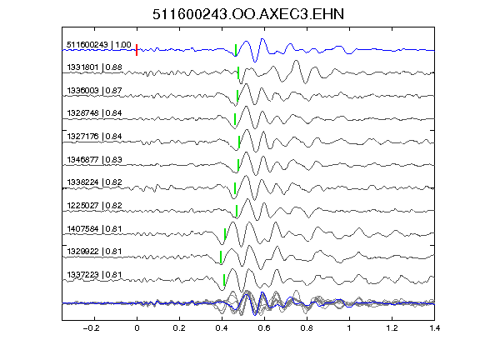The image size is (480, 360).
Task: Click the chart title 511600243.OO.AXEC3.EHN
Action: [248, 14]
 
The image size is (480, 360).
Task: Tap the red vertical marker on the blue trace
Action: [137, 50]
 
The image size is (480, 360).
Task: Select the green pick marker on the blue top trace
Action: [235, 50]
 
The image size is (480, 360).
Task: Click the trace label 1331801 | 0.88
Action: [95, 67]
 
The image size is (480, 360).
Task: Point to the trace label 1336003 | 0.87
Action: [95, 91]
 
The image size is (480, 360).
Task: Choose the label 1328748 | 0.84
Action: [95, 113]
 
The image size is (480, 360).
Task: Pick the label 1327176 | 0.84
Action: [95, 136]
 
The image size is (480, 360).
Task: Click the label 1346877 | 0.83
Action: [95, 159]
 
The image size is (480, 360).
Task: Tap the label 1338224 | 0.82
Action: [95, 182]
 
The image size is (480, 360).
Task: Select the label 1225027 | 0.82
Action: [95, 205]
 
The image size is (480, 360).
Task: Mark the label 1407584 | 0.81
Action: [95, 228]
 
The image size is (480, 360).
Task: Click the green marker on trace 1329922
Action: [221, 257]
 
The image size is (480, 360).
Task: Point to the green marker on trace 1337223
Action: [224, 280]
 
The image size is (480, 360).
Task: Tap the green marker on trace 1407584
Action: [225, 234]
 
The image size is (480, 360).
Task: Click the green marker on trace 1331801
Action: [238, 72]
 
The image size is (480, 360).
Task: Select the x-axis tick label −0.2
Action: [92, 328]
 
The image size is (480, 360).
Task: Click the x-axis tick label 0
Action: [137, 328]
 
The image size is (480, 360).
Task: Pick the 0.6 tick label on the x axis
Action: [264, 328]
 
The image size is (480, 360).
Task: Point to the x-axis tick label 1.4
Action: [435, 328]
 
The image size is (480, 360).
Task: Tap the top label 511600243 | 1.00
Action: [99, 45]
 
